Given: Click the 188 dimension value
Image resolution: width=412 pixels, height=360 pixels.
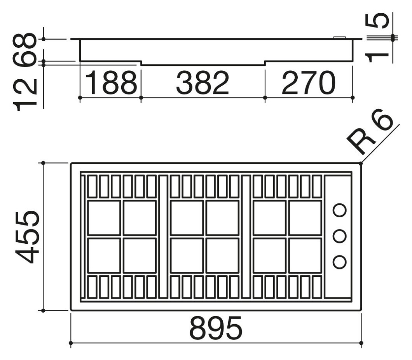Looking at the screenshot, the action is (111, 82).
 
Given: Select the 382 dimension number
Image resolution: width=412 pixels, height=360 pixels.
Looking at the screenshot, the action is (203, 82).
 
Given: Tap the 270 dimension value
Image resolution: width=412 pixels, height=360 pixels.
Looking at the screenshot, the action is (309, 82).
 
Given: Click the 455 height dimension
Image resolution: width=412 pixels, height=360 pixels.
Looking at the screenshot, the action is (27, 236).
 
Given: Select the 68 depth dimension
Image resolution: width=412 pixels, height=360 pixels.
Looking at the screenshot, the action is (24, 50).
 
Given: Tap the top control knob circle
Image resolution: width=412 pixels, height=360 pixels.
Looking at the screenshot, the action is (339, 210).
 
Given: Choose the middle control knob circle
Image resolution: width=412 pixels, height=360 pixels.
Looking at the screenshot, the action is (339, 236).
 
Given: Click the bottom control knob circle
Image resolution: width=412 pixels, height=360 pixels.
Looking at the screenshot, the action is (339, 262).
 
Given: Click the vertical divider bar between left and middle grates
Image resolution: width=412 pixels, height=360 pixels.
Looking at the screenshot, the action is (163, 236).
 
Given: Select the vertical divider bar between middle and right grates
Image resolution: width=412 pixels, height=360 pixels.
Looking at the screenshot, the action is (246, 236).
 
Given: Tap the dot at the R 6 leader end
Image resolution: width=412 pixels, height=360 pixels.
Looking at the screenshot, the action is (361, 163).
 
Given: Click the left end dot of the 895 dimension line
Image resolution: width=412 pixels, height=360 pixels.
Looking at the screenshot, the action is (70, 343).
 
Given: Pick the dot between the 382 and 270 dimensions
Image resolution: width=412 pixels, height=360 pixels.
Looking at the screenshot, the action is (265, 98).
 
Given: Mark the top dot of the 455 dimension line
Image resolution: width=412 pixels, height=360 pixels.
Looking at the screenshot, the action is (44, 163).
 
